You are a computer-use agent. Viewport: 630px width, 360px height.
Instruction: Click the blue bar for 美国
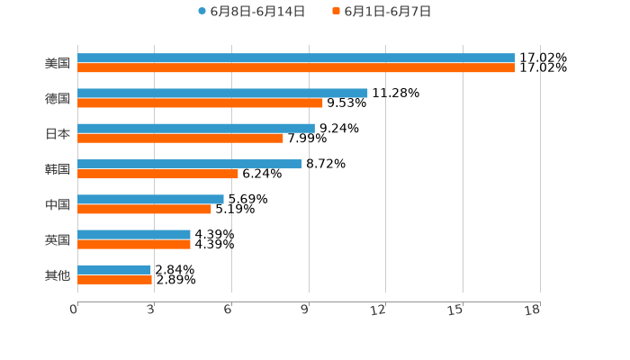[x=296, y=58]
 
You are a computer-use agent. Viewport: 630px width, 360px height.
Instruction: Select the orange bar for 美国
[x=296, y=67]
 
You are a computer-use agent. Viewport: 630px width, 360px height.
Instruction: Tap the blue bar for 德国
[x=222, y=93]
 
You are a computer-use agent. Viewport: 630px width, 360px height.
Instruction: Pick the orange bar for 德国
[x=200, y=103]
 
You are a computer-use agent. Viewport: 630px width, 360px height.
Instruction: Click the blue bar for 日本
[x=196, y=128]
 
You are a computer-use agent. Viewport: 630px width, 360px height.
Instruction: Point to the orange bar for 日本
[x=180, y=138]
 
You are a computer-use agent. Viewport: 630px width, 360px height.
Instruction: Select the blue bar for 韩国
[x=190, y=164]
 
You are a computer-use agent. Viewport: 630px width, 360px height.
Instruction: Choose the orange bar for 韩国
[x=157, y=174]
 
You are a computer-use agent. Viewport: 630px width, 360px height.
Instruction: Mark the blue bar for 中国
[x=150, y=199]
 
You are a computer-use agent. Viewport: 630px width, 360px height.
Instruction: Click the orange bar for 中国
[x=144, y=209]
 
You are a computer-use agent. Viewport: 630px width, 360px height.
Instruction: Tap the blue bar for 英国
[x=134, y=234]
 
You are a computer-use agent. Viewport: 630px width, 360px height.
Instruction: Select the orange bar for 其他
[x=114, y=279]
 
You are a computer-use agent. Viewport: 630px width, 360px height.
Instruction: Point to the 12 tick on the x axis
[x=379, y=310]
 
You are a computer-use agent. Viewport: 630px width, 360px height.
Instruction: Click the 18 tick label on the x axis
[x=533, y=310]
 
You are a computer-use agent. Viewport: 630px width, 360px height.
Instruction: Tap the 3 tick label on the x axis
[x=150, y=310]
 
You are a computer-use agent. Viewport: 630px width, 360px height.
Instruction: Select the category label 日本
[x=58, y=133]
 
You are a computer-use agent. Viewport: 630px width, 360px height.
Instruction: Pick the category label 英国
[x=58, y=239]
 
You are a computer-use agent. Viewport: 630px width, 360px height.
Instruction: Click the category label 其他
[x=58, y=274]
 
